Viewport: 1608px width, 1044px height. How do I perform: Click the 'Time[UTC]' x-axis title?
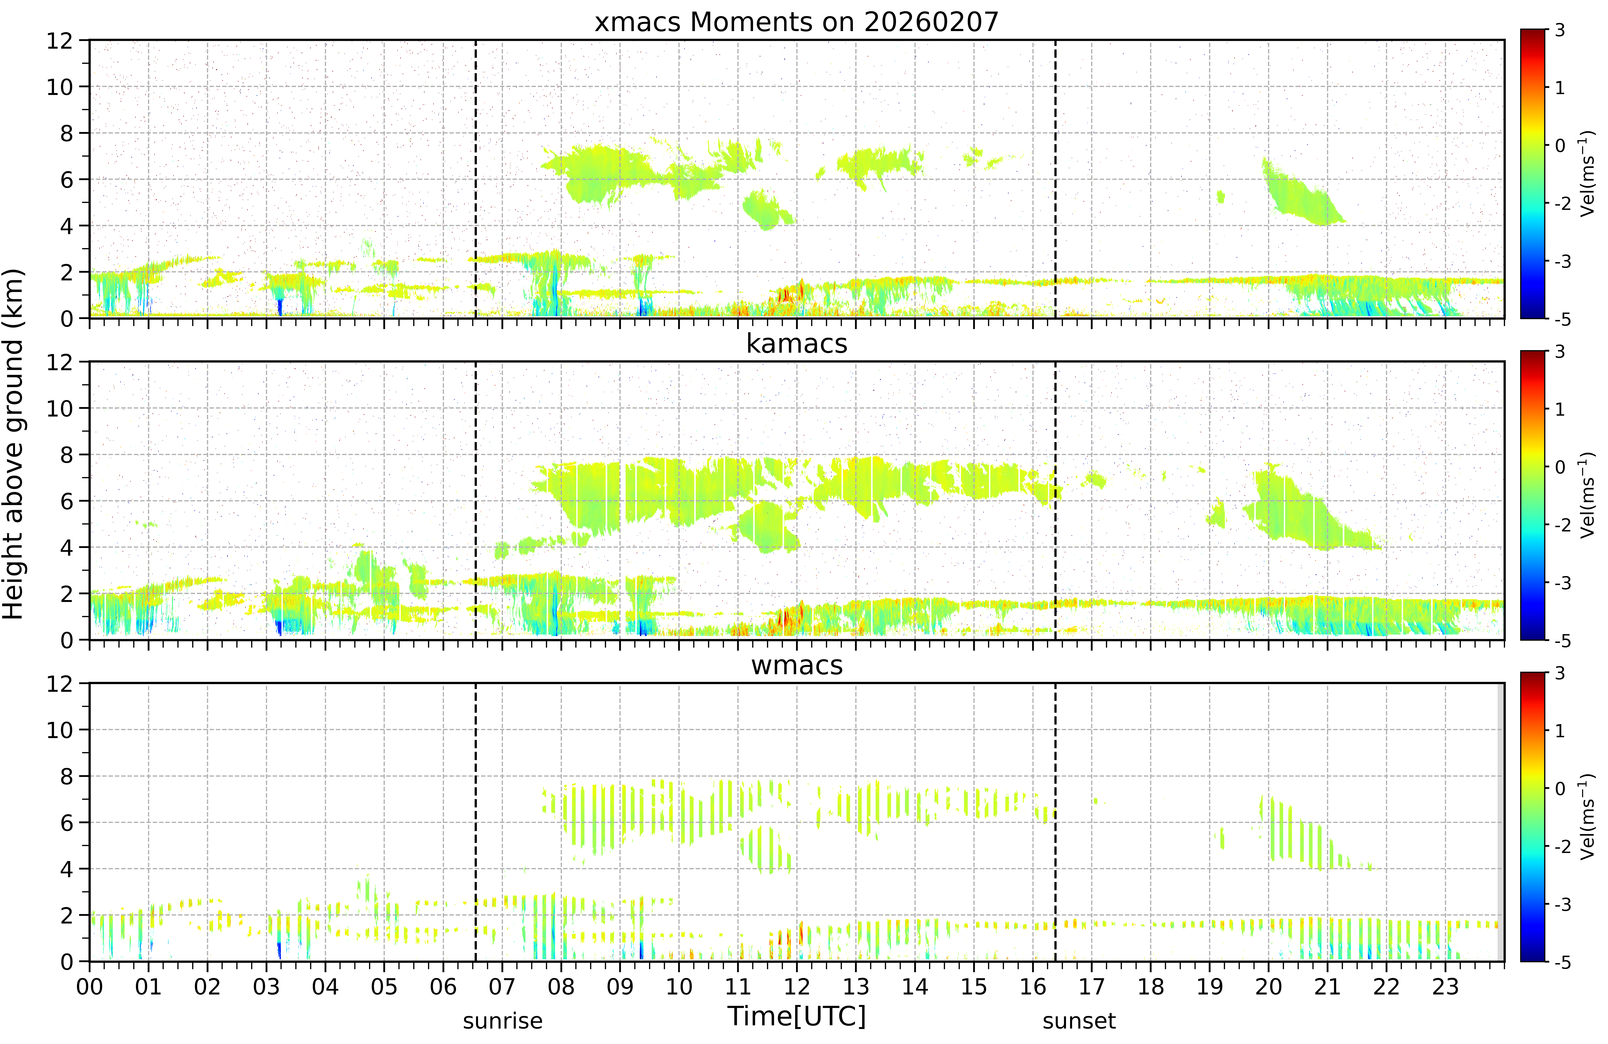(796, 1016)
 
